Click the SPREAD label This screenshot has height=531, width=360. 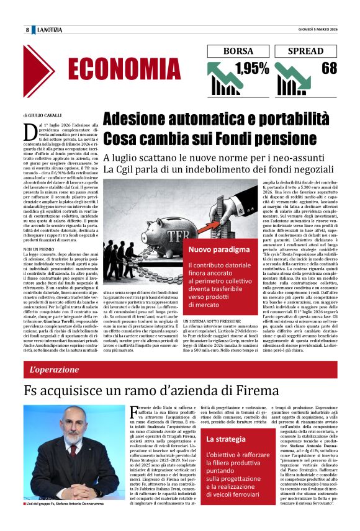tap(307, 51)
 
